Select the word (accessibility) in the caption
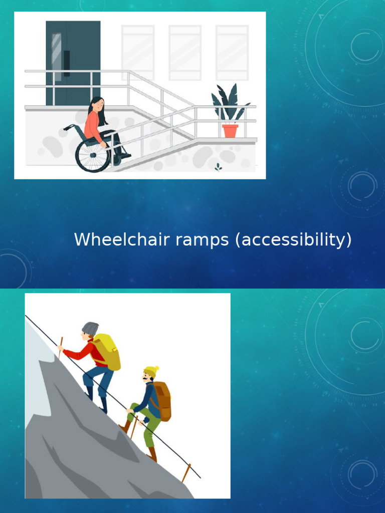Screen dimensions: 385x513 coord(293,240)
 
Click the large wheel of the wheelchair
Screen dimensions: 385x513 coord(93,155)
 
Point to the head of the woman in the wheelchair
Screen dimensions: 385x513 coord(97,104)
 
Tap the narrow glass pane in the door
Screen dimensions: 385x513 coord(56,57)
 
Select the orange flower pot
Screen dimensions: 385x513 coord(230,131)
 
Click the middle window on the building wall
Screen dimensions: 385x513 coord(185,53)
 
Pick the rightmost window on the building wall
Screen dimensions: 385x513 coord(232,53)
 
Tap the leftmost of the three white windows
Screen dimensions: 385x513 coord(138,53)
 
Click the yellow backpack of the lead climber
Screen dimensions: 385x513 coord(107,352)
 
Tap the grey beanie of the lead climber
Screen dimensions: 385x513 coord(90,329)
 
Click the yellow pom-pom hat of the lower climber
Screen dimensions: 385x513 coord(151,371)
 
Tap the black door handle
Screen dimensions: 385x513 coord(67,64)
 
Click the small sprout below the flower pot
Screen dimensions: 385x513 coord(218,167)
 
